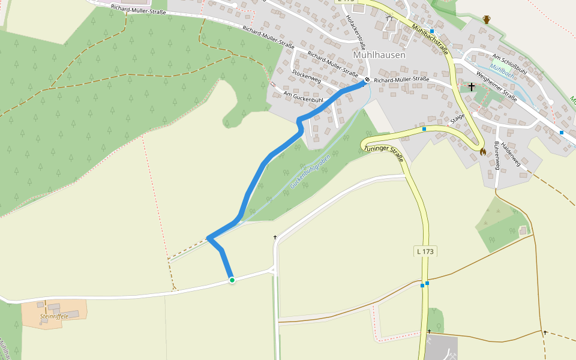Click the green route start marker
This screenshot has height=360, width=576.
pos(232,280)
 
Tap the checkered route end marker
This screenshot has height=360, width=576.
pos(367,80)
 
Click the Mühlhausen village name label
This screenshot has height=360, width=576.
pos(379,55)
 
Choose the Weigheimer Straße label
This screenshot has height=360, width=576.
pos(497,88)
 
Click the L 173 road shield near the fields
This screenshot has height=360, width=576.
pos(424,251)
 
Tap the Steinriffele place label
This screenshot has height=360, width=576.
pos(54,316)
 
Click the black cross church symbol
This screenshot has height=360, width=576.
pos(472,87)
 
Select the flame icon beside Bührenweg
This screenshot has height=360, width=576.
pos(483,152)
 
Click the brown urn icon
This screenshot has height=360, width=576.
pos(487,20)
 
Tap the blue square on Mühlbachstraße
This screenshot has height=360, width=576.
pos(432,31)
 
